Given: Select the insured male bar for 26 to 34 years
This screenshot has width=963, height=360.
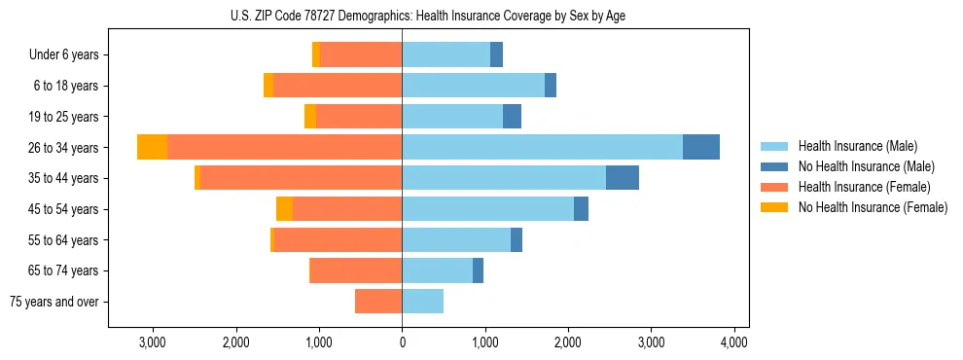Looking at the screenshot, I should pyautogui.click(x=542, y=147).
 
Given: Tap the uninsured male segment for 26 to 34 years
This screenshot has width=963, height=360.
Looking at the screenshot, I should pyautogui.click(x=701, y=147).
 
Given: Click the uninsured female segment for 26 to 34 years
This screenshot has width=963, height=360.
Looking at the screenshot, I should pyautogui.click(x=152, y=147).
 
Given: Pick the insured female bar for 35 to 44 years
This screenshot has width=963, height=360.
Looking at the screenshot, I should pyautogui.click(x=301, y=178).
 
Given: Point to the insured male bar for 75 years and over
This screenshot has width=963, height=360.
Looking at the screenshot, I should pyautogui.click(x=422, y=302).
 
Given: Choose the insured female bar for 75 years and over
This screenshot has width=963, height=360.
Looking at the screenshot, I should pyautogui.click(x=378, y=302).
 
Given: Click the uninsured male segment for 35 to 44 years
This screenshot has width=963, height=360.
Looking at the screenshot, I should pyautogui.click(x=623, y=178).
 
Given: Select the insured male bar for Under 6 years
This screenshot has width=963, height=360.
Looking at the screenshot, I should pyautogui.click(x=446, y=54).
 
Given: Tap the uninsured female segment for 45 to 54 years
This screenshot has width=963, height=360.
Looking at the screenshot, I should pyautogui.click(x=284, y=209).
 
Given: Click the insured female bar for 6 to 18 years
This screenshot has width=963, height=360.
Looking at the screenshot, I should pyautogui.click(x=338, y=86).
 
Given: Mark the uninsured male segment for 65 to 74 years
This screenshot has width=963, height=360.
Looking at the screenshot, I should pyautogui.click(x=478, y=270).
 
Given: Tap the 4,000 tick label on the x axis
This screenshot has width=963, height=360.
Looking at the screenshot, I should pyautogui.click(x=733, y=342).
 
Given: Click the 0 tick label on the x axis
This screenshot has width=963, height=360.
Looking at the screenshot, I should pyautogui.click(x=402, y=342).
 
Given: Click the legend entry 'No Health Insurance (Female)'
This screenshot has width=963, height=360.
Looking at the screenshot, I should pyautogui.click(x=873, y=207).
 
